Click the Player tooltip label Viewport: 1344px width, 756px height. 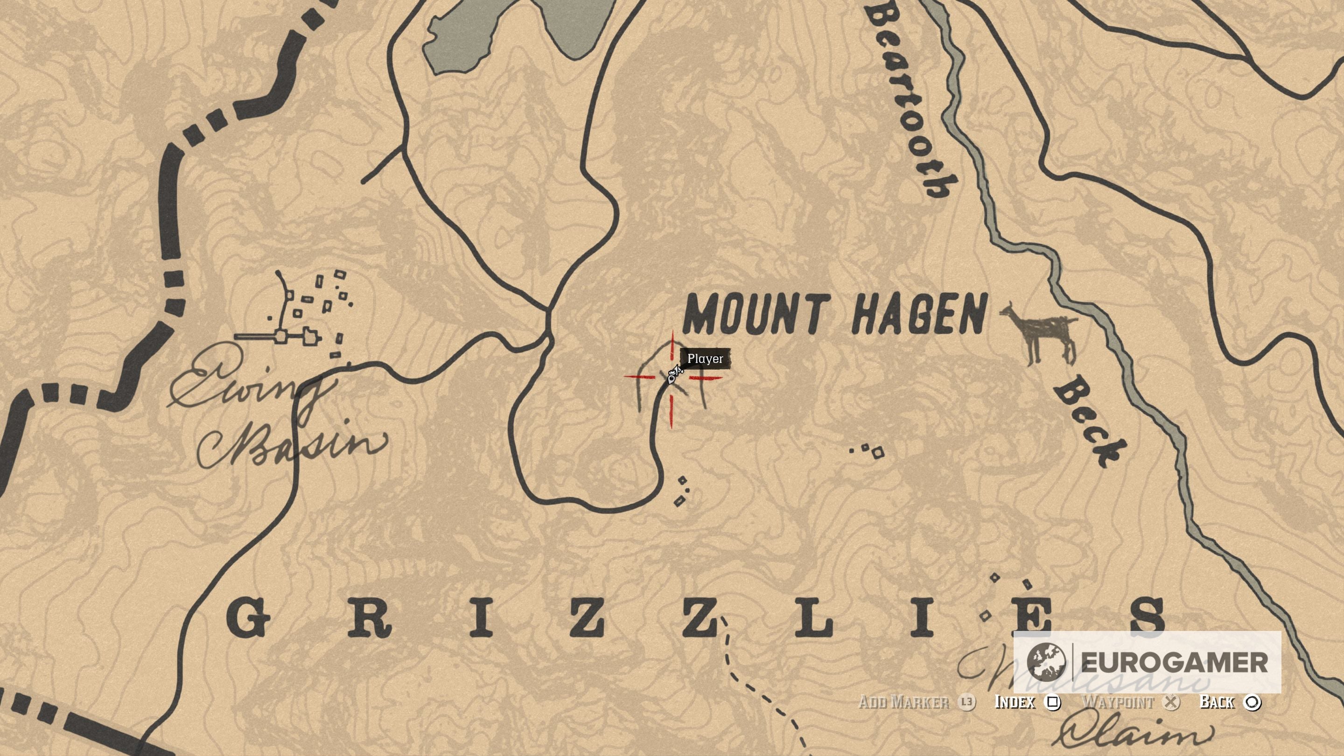[705, 359]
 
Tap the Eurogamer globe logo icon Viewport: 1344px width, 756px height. [1045, 662]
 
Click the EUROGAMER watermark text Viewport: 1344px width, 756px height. [1174, 663]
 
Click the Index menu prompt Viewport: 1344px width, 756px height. [1015, 702]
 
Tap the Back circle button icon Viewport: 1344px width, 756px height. [1252, 703]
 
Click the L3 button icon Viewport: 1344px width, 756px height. [967, 702]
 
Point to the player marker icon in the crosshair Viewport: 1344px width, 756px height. [673, 376]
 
